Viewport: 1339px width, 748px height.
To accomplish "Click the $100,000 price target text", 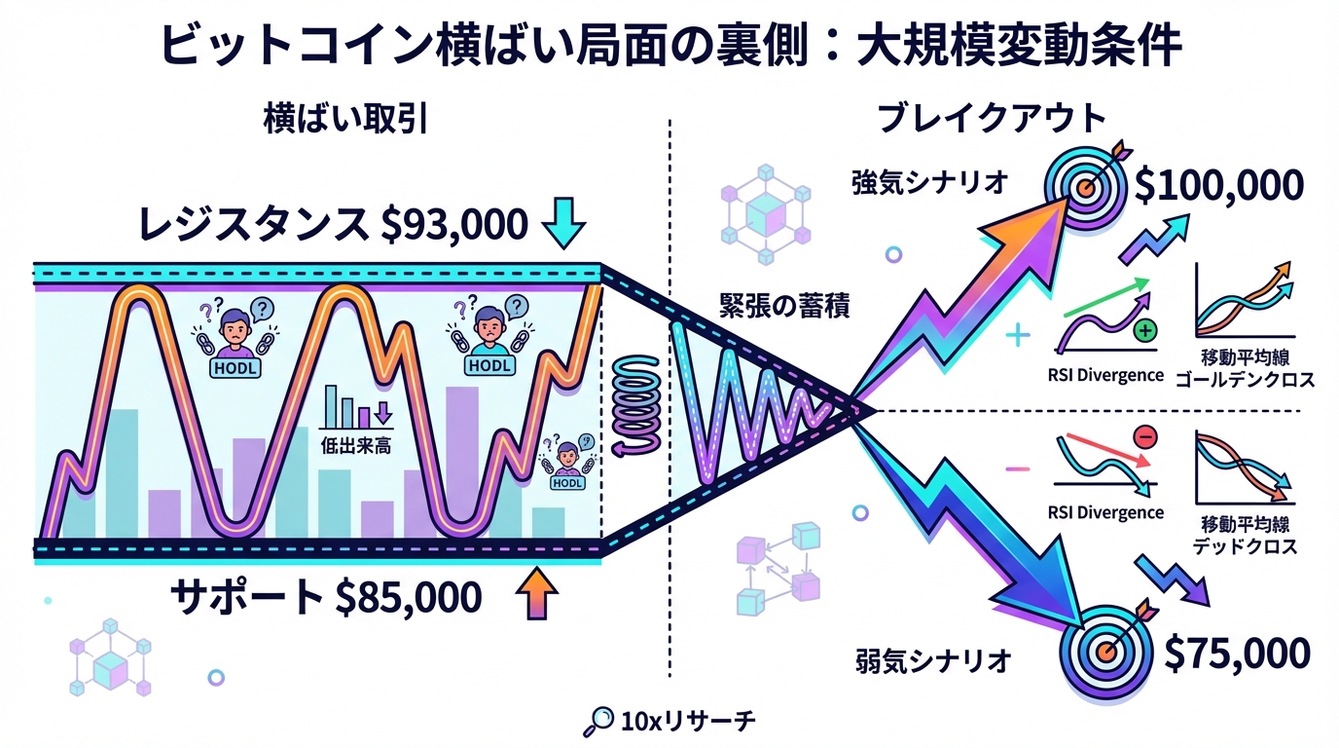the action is pos(1218,186).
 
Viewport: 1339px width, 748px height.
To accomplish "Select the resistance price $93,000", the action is pos(454,225).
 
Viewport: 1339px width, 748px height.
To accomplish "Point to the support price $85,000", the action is pos(409,597).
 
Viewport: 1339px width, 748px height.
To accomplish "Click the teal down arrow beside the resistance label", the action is pos(563,223).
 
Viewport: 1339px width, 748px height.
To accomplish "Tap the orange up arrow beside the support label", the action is pos(537,593).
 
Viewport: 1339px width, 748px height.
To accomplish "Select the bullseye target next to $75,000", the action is pos(1105,651).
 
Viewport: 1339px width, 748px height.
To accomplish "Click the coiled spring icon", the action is pos(636,406).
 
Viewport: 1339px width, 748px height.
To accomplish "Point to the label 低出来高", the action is pos(356,446).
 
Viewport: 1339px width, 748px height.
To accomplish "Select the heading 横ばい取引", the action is pos(345,120).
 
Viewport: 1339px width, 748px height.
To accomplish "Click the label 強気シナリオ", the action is pos(930,182).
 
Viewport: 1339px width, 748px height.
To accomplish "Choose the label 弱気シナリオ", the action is pos(934,661).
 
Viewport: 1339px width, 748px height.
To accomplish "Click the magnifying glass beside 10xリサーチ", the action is pos(599,721).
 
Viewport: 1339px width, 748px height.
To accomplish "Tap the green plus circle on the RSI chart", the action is pos(1144,330).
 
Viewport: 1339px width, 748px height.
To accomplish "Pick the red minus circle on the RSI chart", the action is pos(1145,437).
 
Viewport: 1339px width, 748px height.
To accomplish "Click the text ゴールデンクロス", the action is pos(1245,380).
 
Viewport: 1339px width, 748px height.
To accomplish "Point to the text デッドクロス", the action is pos(1245,546).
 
